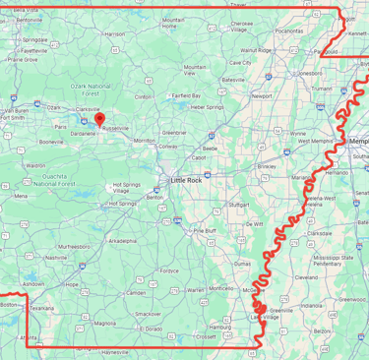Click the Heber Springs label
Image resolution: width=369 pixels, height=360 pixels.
coord(208,106)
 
